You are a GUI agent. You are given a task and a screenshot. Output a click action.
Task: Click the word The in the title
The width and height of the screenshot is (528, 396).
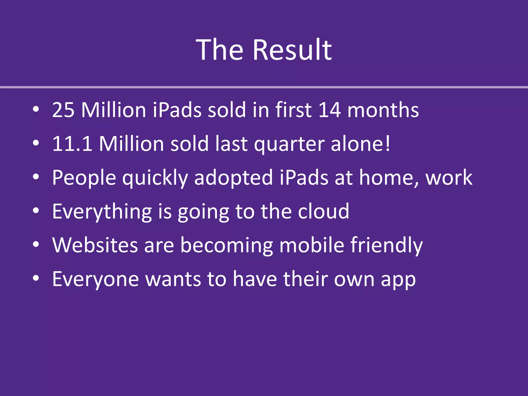220,50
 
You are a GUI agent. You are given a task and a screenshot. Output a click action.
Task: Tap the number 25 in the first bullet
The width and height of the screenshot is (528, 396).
63,110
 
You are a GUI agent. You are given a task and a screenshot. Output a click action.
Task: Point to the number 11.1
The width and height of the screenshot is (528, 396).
72,144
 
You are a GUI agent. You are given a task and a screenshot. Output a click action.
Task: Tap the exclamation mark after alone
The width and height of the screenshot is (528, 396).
387,143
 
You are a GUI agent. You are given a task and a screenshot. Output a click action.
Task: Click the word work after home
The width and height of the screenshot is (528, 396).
449,178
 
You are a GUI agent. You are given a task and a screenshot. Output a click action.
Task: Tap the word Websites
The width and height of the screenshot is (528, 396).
95,245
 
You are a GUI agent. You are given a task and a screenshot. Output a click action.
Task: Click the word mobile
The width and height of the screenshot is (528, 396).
312,245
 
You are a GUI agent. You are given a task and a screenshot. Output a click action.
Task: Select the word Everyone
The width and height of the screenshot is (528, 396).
95,279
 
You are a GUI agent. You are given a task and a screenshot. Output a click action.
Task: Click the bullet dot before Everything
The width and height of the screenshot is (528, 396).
36,211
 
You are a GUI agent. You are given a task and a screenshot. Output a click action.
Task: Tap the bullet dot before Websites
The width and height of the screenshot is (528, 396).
36,244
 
